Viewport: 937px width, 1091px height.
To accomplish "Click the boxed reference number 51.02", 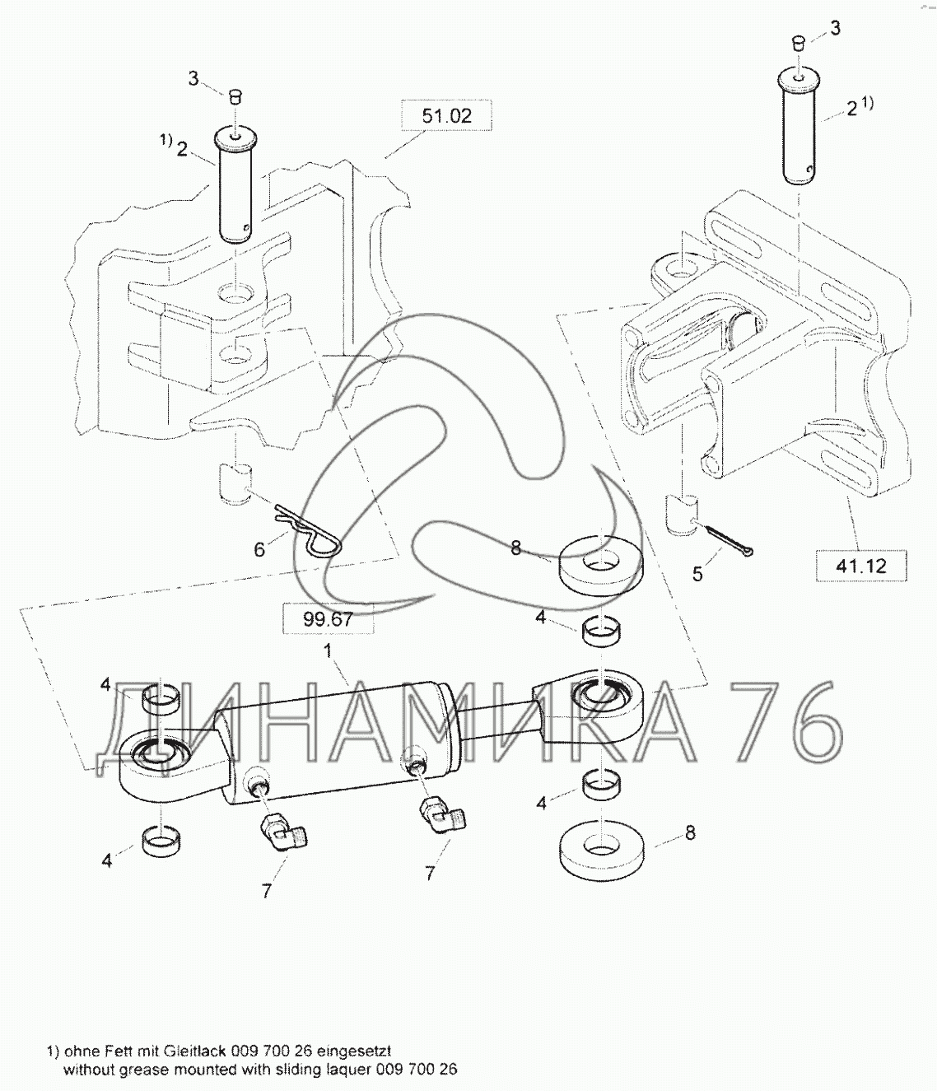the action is coord(446,115).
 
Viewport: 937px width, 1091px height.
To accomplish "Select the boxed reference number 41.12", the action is coord(860,566).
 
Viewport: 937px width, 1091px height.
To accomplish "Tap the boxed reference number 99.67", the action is coord(328,618).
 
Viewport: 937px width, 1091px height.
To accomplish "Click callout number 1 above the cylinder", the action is coord(328,650).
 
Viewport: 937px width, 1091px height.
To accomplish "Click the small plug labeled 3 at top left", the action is coord(234,96).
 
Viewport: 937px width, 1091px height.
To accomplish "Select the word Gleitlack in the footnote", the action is coord(190,1051).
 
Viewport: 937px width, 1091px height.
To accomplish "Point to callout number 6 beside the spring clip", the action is coord(259,549).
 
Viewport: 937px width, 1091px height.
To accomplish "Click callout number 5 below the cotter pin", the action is coord(697,574).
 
